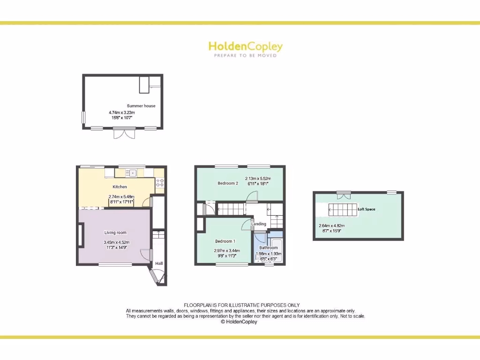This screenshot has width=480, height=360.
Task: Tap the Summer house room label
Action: tap(141, 106)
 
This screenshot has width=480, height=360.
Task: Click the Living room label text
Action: tap(115, 232)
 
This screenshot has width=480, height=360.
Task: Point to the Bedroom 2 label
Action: tap(228, 183)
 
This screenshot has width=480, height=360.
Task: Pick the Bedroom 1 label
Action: tap(225, 241)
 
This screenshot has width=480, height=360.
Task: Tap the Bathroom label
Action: tap(269, 247)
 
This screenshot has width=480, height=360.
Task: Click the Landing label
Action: tap(259, 224)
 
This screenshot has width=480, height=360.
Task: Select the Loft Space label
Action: tap(367, 209)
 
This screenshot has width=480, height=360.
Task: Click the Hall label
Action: tap(159, 263)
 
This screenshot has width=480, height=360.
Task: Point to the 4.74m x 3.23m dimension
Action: tap(122, 112)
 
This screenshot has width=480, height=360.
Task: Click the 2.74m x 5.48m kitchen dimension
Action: tap(121, 197)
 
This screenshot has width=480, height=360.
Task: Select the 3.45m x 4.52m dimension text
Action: tap(116, 242)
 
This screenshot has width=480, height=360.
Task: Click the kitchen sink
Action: tap(131, 173)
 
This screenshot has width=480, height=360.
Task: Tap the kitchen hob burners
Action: tap(159, 183)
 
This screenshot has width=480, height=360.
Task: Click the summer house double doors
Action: tap(124, 134)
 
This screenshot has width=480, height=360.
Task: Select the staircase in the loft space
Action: tap(343, 209)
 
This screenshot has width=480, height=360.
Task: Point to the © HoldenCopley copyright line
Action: tap(239, 322)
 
